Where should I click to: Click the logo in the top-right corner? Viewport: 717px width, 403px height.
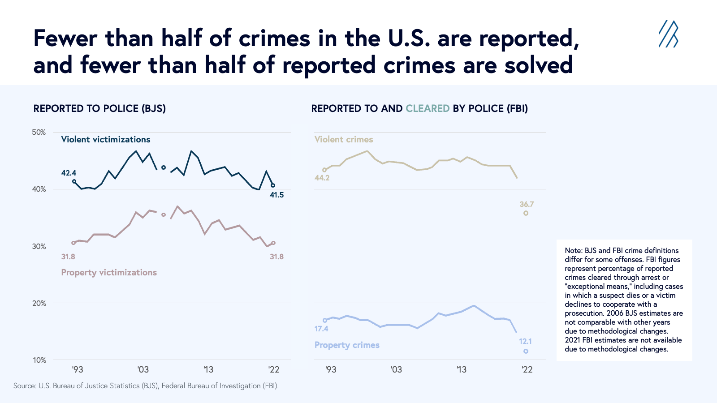click(x=668, y=34)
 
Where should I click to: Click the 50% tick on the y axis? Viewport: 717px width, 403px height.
click(x=39, y=132)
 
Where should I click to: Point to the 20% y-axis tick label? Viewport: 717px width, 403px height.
click(x=39, y=303)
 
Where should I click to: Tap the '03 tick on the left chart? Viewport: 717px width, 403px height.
click(x=143, y=369)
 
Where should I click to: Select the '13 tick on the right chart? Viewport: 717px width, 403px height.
click(x=461, y=369)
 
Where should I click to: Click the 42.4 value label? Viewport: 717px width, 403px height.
click(x=69, y=173)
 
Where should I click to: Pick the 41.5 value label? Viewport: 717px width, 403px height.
click(x=276, y=195)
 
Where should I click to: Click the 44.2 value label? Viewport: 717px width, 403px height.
click(x=322, y=178)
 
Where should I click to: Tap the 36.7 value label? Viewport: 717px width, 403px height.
click(x=527, y=204)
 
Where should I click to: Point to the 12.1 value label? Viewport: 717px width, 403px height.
click(x=525, y=341)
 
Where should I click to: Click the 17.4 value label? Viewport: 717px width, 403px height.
click(x=321, y=329)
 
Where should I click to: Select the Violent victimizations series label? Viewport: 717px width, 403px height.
click(x=106, y=139)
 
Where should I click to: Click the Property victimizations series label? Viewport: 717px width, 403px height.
click(x=109, y=272)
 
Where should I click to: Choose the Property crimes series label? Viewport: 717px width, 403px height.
click(x=347, y=345)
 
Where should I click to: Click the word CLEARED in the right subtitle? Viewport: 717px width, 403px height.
click(x=427, y=108)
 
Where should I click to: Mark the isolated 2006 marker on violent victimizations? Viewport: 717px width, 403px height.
click(x=164, y=167)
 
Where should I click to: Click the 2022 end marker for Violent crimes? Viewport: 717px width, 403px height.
click(x=526, y=213)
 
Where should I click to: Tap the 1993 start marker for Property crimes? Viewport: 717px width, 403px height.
click(x=325, y=320)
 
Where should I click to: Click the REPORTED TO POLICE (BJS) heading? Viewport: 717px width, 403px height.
click(x=99, y=108)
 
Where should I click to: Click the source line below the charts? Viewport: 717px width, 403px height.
click(x=146, y=386)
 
